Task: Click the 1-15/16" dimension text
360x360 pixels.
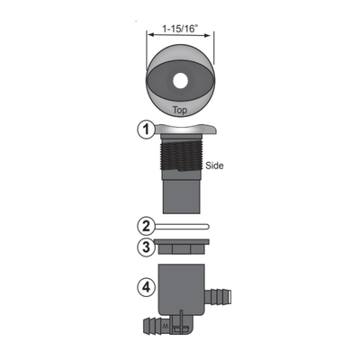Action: (181, 27)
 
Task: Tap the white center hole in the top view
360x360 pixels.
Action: (181, 82)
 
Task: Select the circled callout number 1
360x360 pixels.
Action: (143, 130)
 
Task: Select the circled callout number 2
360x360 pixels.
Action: (143, 225)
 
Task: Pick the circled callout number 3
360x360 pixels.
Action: (143, 247)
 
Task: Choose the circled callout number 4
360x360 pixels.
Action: (143, 290)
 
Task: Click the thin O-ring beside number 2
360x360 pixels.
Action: (181, 226)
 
